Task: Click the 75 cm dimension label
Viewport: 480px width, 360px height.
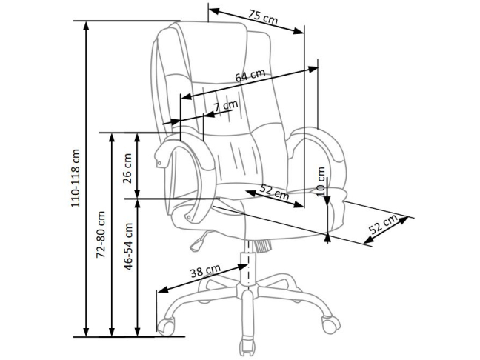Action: click(263, 17)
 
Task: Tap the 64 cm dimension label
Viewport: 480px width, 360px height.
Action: click(250, 76)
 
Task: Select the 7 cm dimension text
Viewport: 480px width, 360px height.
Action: click(226, 106)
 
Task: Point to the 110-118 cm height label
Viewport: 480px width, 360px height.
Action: click(76, 179)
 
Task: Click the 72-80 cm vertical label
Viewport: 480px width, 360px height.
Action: click(101, 234)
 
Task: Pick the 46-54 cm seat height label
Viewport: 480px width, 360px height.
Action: click(128, 247)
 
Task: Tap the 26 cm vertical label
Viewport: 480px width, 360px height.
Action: click(127, 168)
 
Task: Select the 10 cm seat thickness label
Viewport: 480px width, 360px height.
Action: click(321, 181)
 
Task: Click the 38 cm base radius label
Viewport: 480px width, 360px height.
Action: click(205, 270)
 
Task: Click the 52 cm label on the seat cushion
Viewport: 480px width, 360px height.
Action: click(274, 192)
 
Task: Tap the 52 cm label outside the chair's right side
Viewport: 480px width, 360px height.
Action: click(383, 224)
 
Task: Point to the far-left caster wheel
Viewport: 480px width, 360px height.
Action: click(166, 327)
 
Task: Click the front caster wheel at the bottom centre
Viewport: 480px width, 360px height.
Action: click(247, 347)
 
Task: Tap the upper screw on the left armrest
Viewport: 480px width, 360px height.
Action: click(159, 164)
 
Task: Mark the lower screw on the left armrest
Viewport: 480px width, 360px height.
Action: click(188, 217)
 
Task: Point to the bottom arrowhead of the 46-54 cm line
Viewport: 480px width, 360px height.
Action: click(138, 332)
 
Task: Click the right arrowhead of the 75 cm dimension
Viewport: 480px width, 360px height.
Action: click(299, 31)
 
